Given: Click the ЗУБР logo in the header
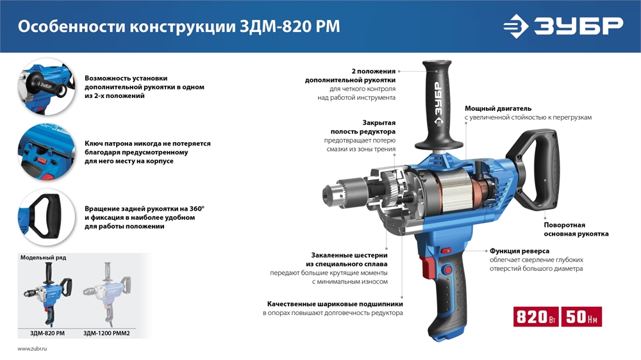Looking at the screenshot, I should click(x=563, y=26).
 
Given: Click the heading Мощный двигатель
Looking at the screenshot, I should click(x=498, y=108).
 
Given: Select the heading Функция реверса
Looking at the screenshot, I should click(x=519, y=251).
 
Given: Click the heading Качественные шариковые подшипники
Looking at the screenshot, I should click(x=335, y=304).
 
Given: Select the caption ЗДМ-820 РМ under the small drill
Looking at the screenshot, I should click(x=47, y=333).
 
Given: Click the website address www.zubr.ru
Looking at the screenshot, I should click(x=33, y=348).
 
